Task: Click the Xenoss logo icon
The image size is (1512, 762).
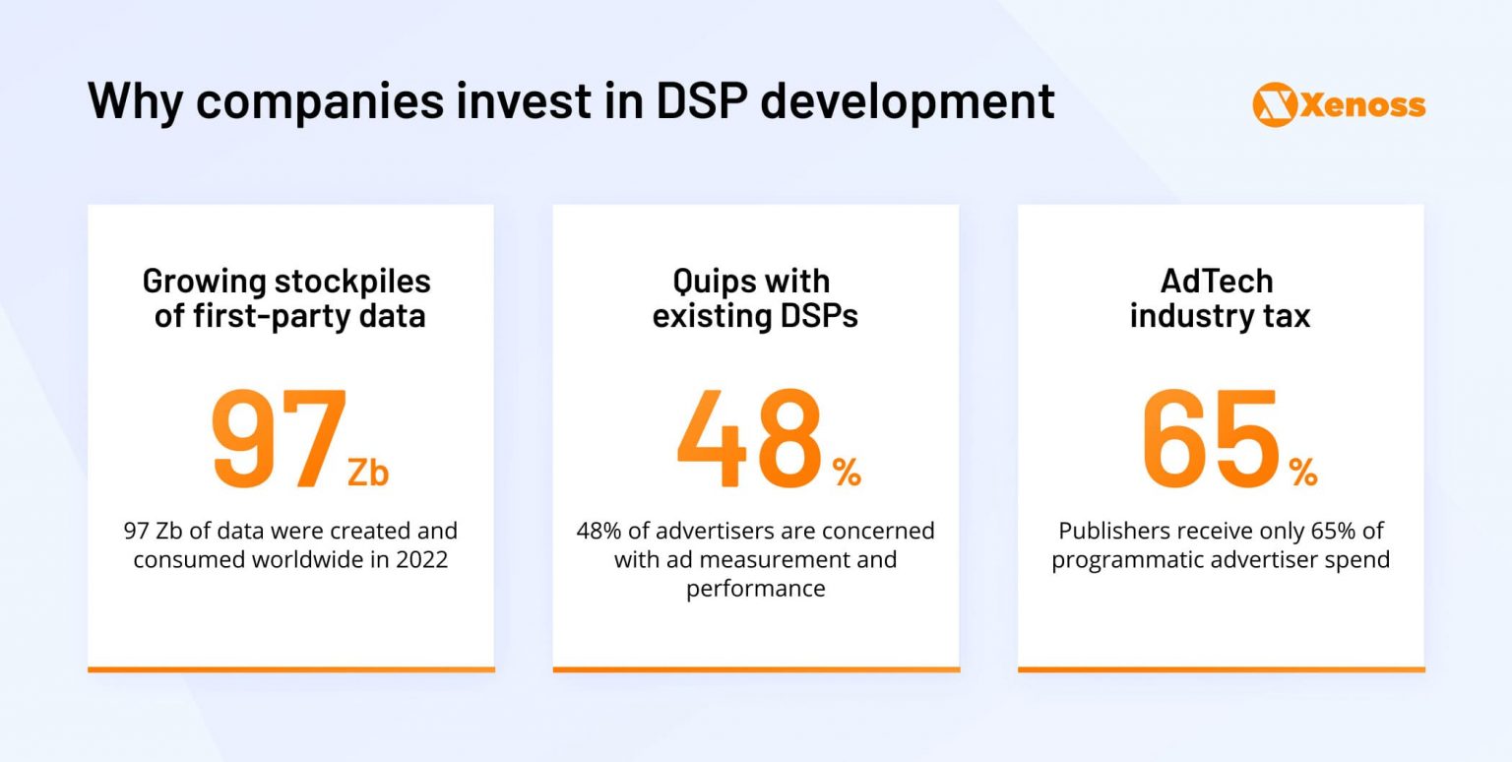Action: click(x=1275, y=104)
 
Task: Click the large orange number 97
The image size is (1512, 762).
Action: click(x=279, y=440)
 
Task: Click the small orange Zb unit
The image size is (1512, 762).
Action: click(x=368, y=474)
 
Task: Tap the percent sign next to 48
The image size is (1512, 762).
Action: click(x=847, y=474)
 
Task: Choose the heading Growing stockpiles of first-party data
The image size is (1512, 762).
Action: click(x=287, y=299)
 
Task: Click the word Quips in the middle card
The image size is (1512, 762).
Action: click(x=708, y=282)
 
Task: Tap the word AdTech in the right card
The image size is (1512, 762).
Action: click(x=1217, y=282)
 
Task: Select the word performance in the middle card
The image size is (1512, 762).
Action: click(x=755, y=589)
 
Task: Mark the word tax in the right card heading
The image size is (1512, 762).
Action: click(x=1288, y=317)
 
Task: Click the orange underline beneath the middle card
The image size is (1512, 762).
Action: click(x=755, y=669)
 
